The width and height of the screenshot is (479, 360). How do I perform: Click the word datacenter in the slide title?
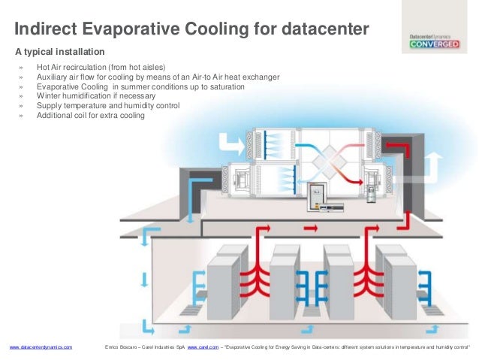coord(326,30)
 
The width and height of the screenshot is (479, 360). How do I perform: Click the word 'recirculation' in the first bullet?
coord(104,67)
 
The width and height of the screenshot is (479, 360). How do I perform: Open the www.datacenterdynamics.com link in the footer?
coord(41,347)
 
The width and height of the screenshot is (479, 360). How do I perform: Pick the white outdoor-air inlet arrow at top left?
coord(224,141)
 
